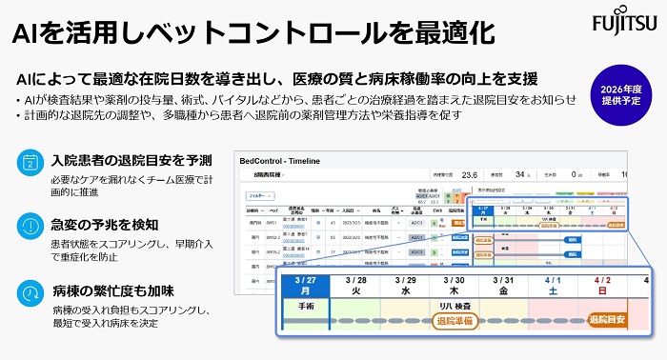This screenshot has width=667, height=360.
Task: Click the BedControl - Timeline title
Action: tap(282, 162)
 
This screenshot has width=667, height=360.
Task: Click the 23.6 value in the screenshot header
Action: tap(470, 175)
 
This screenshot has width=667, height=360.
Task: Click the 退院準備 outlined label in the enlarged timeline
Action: tap(455, 322)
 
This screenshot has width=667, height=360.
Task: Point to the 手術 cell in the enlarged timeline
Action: tap(306, 309)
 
